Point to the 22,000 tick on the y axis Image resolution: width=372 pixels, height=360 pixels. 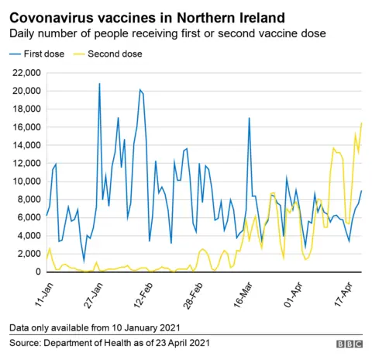point(26,72)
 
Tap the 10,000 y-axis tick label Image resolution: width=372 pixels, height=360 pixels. point(26,182)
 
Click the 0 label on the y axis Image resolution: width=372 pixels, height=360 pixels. point(36,272)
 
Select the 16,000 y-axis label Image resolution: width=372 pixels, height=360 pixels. point(26,127)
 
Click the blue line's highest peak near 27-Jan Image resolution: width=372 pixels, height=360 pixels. point(99,84)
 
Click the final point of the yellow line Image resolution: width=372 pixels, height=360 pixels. point(361,123)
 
